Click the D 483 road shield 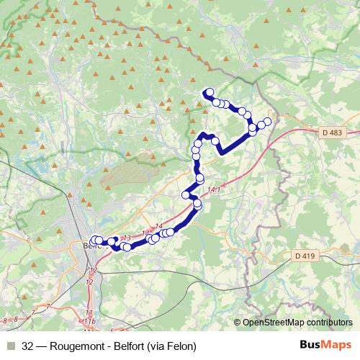click(x=331, y=132)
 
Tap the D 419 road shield click(x=306, y=256)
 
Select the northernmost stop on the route click(x=209, y=91)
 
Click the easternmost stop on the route click(x=268, y=121)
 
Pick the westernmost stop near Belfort click(x=94, y=240)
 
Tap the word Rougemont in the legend click(x=73, y=346)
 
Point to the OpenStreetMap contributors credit click(x=297, y=322)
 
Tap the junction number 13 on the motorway click(x=125, y=238)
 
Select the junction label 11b click(x=89, y=320)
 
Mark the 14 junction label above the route click(x=158, y=227)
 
